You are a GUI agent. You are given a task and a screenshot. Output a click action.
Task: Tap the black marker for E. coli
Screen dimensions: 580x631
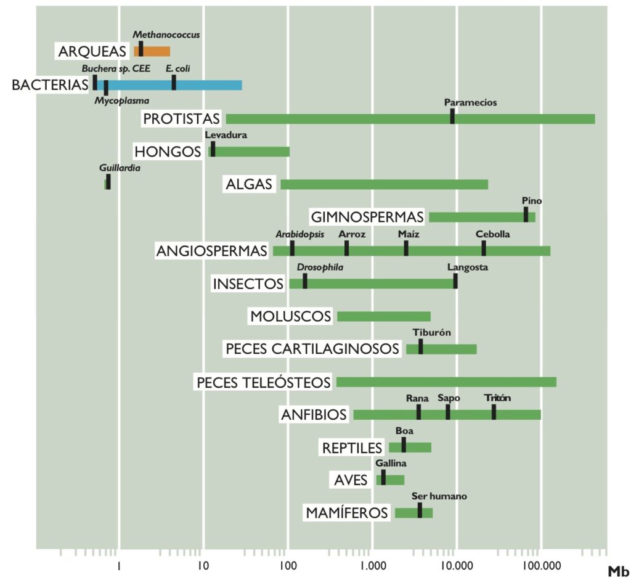click(x=174, y=83)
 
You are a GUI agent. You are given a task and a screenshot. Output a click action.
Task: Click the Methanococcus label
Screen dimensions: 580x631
click(x=166, y=35)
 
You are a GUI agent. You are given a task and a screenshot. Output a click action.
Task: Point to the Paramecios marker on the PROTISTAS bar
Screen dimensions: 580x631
click(x=452, y=116)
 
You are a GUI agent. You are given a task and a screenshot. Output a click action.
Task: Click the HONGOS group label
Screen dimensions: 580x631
click(x=168, y=151)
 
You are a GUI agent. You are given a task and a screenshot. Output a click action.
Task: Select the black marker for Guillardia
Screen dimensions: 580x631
click(x=108, y=182)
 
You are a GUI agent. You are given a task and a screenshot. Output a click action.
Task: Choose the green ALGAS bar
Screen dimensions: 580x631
click(x=384, y=184)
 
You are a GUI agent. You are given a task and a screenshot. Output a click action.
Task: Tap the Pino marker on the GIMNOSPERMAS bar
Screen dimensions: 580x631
click(x=526, y=214)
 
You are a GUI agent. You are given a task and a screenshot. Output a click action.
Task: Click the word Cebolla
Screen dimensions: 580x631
click(x=493, y=234)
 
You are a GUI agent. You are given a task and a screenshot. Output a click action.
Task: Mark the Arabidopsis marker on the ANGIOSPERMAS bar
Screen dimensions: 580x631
click(x=292, y=248)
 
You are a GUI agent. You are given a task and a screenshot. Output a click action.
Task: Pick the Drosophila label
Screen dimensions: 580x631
click(x=320, y=268)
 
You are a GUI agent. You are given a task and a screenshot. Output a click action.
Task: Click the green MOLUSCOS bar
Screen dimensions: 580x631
click(x=383, y=317)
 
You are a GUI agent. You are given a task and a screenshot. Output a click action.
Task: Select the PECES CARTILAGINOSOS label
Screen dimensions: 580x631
click(x=312, y=349)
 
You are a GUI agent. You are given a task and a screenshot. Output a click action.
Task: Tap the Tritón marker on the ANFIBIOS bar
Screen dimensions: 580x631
click(x=494, y=412)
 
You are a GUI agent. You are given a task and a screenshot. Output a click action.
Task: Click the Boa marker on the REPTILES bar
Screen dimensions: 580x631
click(x=404, y=445)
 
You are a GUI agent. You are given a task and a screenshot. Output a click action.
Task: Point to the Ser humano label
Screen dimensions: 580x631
click(x=439, y=496)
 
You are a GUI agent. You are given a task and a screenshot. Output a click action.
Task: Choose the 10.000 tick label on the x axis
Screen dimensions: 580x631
click(x=455, y=565)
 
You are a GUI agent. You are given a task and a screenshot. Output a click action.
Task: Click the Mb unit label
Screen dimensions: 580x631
click(x=618, y=570)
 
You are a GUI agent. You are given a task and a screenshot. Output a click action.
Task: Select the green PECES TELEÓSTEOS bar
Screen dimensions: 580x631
click(x=446, y=382)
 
